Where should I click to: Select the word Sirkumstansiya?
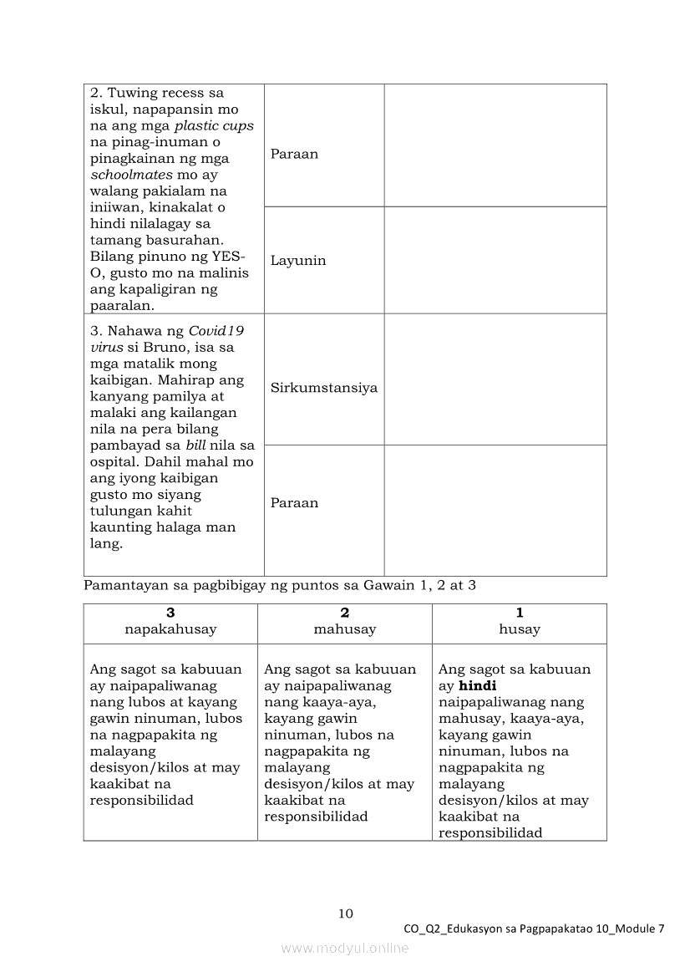pyautogui.click(x=323, y=388)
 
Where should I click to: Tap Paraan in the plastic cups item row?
pyautogui.click(x=294, y=155)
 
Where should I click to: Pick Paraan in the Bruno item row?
pyautogui.click(x=294, y=503)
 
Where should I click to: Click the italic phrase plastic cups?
pyautogui.click(x=214, y=126)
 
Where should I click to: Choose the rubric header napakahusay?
pyautogui.click(x=170, y=629)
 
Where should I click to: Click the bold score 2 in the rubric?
pyautogui.click(x=345, y=613)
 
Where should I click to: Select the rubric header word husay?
pyautogui.click(x=520, y=629)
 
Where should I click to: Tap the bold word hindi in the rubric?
pyautogui.click(x=478, y=685)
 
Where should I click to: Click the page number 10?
pyautogui.click(x=345, y=913)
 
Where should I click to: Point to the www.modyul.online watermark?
pyautogui.click(x=345, y=948)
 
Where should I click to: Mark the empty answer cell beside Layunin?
pyautogui.click(x=495, y=261)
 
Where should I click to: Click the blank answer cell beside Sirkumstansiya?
pyautogui.click(x=495, y=379)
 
